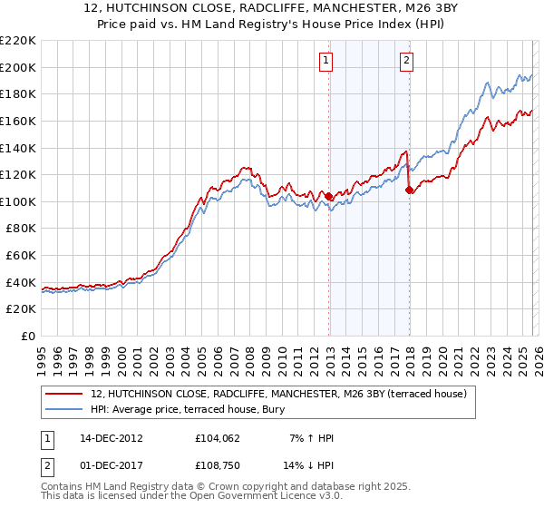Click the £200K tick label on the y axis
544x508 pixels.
(x=18, y=67)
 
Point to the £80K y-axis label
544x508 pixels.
(x=21, y=229)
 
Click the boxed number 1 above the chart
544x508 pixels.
(x=325, y=61)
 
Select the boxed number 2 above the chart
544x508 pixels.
(x=406, y=61)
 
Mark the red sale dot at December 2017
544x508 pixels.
(x=410, y=190)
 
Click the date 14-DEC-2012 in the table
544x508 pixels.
(x=110, y=438)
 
